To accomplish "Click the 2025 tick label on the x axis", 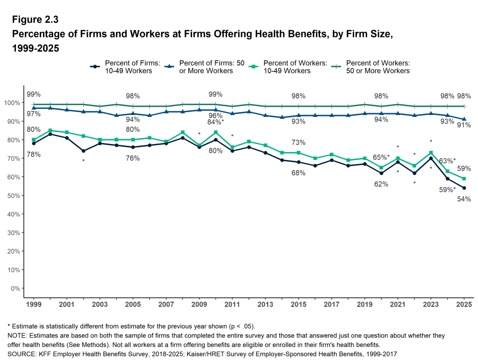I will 464,304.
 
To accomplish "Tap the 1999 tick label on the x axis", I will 34,304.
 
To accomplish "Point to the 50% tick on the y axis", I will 12,195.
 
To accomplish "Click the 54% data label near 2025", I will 464,199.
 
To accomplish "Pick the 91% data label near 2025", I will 464,125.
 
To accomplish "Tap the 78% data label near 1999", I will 33,154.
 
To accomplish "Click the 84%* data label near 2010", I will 215,122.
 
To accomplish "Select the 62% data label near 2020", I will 381,184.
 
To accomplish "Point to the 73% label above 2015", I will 299,143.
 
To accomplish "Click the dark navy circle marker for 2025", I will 464,188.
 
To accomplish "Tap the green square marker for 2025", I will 464,179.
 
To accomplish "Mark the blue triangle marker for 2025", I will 464,119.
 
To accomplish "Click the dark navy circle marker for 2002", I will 83,151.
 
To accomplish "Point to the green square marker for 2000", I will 50,130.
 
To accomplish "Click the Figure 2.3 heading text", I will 36,20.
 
